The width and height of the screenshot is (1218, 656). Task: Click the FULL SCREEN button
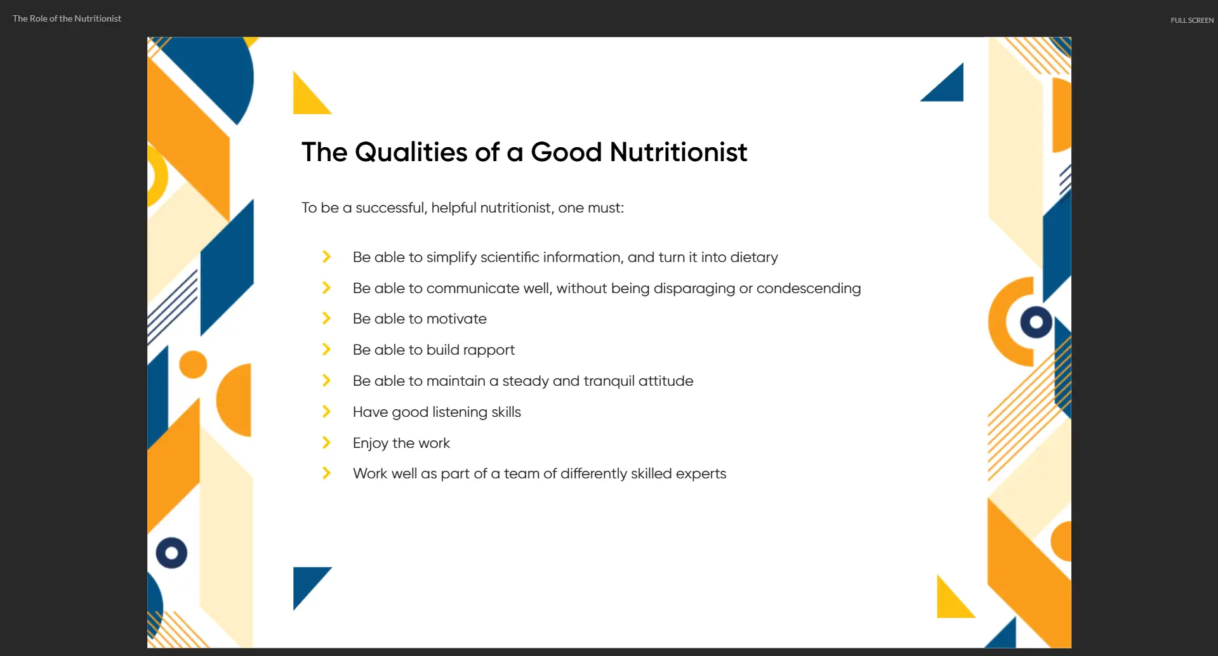click(x=1192, y=20)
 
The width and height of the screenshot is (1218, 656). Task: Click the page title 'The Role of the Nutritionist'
click(x=67, y=18)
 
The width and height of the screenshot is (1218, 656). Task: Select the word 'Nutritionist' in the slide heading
click(x=679, y=152)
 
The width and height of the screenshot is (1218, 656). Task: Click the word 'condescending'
click(x=809, y=288)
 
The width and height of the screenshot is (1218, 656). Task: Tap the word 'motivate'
click(x=456, y=318)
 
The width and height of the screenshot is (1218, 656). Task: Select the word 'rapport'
click(x=489, y=350)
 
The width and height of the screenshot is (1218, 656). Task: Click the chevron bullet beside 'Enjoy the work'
click(x=326, y=442)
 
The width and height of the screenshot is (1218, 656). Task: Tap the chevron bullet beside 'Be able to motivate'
click(x=326, y=318)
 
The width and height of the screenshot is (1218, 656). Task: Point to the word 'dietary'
click(x=754, y=257)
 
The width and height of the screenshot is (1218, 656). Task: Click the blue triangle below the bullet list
click(x=306, y=582)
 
